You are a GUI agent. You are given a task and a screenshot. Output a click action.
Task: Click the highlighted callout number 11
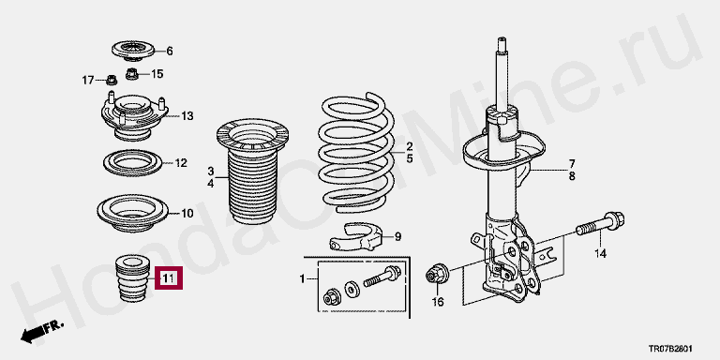pyautogui.click(x=169, y=277)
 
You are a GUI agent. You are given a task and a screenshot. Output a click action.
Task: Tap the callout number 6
pyautogui.click(x=170, y=51)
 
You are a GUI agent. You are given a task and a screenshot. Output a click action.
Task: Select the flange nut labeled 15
pyautogui.click(x=132, y=73)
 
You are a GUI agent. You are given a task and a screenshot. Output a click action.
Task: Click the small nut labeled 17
pyautogui.click(x=112, y=80)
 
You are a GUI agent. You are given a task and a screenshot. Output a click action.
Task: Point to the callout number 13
pyautogui.click(x=187, y=116)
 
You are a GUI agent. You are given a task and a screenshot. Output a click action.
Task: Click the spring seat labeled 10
pyautogui.click(x=133, y=213)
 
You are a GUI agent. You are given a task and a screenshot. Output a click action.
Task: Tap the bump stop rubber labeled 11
pyautogui.click(x=134, y=278)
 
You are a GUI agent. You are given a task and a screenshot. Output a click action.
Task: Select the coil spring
pyautogui.click(x=356, y=153)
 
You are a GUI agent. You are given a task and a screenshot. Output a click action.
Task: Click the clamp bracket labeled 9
pyautogui.click(x=356, y=237)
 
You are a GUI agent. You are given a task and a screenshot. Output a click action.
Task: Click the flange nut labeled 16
pyautogui.click(x=437, y=274)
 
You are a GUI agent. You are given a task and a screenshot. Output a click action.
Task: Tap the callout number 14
pyautogui.click(x=601, y=253)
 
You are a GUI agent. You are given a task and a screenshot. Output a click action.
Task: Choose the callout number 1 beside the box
pyautogui.click(x=302, y=278)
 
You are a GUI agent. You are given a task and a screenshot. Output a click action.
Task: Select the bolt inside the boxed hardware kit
pyautogui.click(x=382, y=277)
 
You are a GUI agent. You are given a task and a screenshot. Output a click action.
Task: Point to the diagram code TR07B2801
pyautogui.click(x=670, y=349)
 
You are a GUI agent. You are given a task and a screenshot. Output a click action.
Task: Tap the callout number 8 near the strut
pyautogui.click(x=572, y=176)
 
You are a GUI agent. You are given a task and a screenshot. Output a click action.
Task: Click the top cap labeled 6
pyautogui.click(x=133, y=51)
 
